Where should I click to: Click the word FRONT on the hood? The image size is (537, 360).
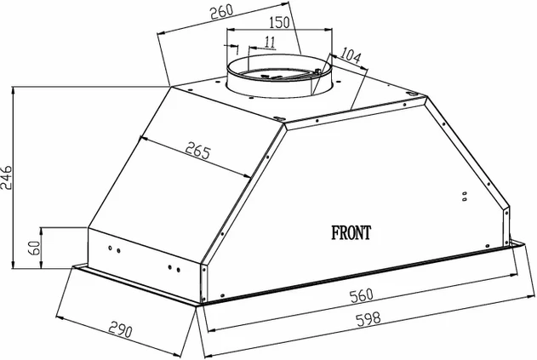point(351,233)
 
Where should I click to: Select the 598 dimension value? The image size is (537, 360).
point(368,319)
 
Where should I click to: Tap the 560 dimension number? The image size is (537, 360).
point(362,295)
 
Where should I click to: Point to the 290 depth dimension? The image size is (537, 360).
point(120,330)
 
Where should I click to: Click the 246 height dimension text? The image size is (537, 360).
point(7,178)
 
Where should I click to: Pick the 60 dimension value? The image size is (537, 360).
point(34,248)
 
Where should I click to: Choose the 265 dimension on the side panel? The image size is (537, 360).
point(197,150)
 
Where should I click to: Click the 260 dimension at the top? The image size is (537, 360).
point(221,12)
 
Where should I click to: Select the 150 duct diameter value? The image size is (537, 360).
point(279,22)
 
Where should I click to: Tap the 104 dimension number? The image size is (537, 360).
point(351,55)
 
